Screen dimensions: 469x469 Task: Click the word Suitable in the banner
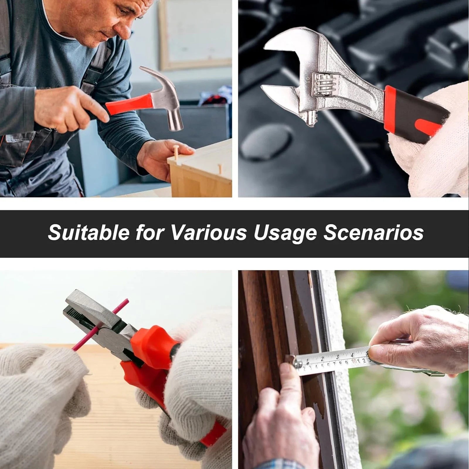89,233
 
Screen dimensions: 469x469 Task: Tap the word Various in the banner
209,233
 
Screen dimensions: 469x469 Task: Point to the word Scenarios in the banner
373,233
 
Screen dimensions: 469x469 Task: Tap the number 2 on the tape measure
322,358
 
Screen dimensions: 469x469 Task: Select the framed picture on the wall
195,35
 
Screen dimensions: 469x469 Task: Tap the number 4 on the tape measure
352,355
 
